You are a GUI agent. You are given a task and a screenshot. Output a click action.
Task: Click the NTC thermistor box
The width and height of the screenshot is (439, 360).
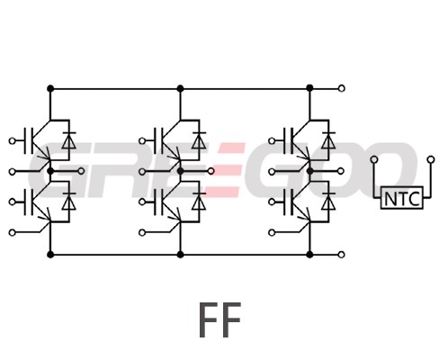402,198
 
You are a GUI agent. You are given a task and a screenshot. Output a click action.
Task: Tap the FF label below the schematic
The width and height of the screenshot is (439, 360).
220,319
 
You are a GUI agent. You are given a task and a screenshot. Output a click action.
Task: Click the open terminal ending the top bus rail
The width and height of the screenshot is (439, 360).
341,88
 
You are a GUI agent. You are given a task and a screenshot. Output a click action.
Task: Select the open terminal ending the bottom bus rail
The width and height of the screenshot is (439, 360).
341,255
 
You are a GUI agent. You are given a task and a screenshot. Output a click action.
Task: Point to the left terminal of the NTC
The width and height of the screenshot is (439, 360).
374,159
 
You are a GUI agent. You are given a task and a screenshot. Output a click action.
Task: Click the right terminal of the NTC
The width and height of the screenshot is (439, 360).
431,159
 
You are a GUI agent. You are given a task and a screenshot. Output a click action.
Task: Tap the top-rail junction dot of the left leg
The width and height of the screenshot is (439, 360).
50,88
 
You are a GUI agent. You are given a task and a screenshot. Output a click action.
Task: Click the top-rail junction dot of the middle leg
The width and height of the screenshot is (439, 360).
180,88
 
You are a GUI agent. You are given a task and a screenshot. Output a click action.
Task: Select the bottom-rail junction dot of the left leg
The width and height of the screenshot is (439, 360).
50,255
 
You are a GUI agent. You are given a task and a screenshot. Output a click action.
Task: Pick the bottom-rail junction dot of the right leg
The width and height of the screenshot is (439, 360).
309,255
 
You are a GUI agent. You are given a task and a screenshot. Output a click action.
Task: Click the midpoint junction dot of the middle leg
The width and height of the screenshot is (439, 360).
180,171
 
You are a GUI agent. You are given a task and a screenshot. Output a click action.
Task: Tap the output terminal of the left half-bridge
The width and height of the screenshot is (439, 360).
81,171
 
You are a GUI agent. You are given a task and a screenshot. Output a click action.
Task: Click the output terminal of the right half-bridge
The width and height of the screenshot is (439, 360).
341,171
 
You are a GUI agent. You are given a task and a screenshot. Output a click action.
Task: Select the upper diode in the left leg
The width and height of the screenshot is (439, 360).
69,140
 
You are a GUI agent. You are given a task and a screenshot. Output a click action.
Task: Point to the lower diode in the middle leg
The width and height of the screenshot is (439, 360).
199,202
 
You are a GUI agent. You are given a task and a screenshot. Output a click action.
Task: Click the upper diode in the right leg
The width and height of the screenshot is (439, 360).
328,140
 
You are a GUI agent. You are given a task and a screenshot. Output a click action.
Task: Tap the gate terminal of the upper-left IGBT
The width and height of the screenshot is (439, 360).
12,140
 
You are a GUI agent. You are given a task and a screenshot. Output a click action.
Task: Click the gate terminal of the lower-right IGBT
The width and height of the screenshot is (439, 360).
272,202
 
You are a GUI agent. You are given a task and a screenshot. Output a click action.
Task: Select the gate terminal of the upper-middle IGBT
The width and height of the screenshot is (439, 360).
142,140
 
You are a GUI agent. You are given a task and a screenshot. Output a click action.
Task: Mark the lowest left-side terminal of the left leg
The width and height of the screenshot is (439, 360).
12,232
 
